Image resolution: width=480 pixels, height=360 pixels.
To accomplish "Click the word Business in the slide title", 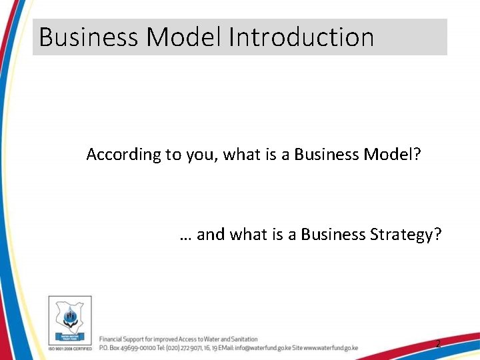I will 89,37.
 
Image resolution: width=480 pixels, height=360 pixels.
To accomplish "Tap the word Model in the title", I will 185,37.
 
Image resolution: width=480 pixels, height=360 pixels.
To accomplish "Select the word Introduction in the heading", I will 301,37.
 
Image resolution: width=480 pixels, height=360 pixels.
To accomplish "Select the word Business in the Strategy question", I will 331,234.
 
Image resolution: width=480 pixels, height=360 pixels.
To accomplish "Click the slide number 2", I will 438,344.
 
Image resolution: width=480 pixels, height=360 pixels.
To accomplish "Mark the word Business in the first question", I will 327,155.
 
